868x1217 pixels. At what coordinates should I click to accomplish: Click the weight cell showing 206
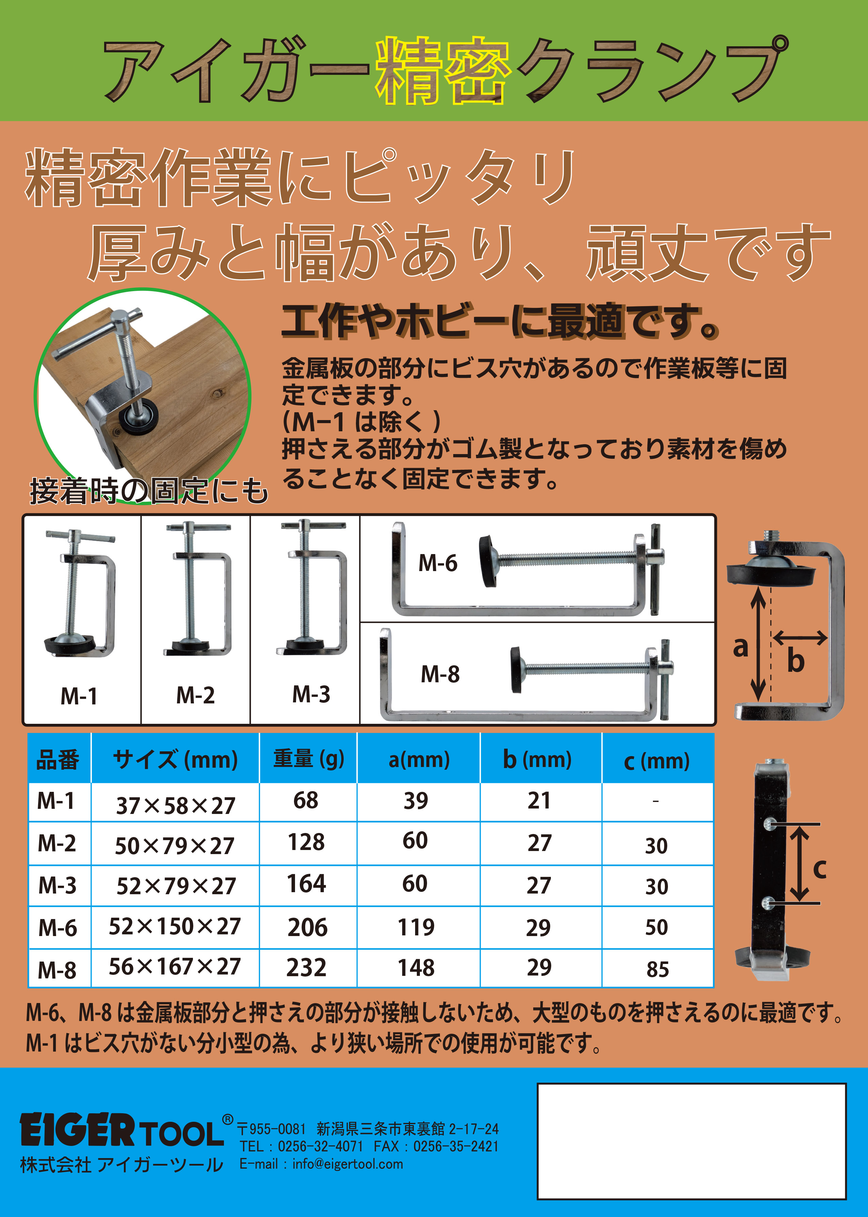point(307,928)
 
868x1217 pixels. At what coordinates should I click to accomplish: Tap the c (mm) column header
point(657,760)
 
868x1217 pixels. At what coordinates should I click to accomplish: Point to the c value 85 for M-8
point(657,969)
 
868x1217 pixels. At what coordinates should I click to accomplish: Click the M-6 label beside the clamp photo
point(438,563)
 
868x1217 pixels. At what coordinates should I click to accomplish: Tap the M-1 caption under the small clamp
point(79,696)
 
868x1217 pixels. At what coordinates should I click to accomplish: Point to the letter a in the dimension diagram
point(740,647)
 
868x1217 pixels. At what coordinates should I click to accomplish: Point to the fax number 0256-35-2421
point(456,1147)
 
